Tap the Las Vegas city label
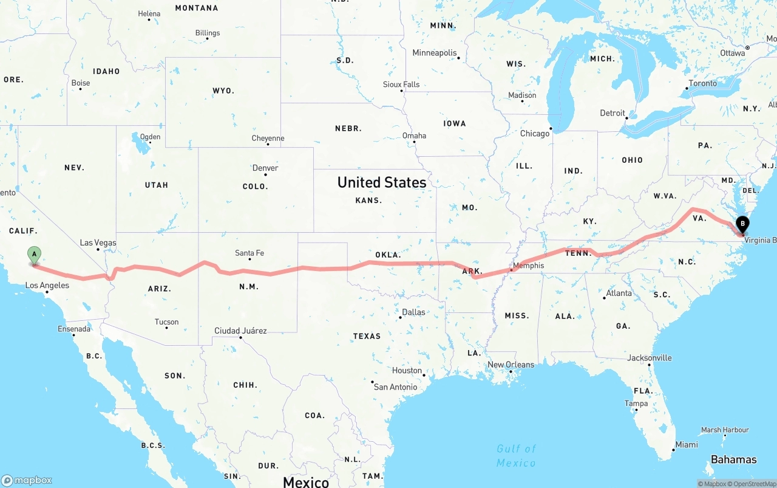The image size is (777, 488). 98,242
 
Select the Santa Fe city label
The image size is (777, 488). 249,253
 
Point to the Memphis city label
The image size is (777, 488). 528,266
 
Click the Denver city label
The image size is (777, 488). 265,168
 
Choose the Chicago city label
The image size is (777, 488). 534,133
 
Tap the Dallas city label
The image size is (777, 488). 413,312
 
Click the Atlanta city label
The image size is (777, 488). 619,293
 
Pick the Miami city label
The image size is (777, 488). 687,444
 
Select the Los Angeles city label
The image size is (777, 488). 47,285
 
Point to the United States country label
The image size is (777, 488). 382,182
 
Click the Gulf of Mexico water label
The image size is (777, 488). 516,456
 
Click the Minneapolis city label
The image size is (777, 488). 434,53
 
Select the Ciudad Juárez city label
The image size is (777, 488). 240,331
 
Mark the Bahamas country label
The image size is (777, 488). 733,459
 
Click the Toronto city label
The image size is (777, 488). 702,83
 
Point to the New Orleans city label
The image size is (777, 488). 511,365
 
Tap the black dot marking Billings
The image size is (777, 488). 208,39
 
